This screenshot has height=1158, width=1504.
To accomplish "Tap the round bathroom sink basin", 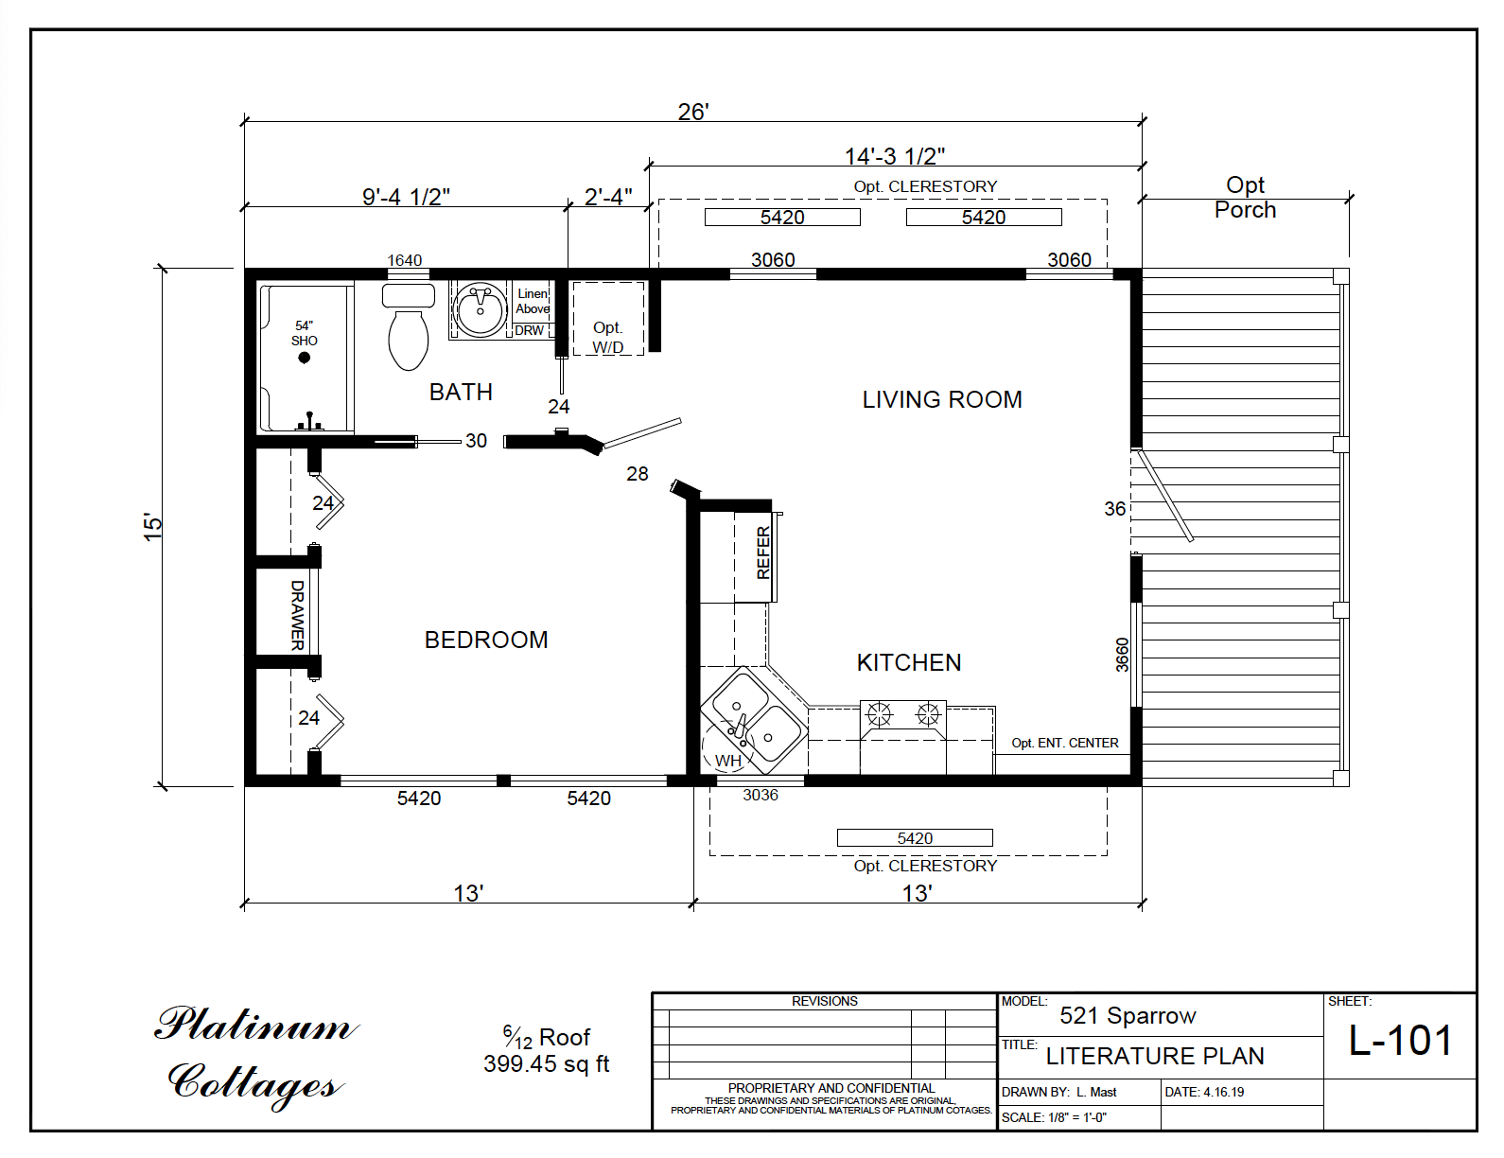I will click(x=481, y=308).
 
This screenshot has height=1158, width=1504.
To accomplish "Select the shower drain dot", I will click(x=305, y=358).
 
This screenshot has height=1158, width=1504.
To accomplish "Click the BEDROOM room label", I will click(x=486, y=640).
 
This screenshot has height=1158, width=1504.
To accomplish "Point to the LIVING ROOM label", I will click(x=942, y=400).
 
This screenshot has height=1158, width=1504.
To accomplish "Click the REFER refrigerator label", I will click(x=763, y=553).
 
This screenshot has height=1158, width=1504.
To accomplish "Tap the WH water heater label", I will click(x=727, y=761).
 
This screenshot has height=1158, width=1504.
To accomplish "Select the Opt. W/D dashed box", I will click(x=608, y=319).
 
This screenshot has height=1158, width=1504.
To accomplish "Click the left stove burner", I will click(x=880, y=713).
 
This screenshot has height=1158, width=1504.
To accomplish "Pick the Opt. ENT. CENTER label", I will click(x=1065, y=744).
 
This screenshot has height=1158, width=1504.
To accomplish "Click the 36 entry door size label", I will click(x=1115, y=509).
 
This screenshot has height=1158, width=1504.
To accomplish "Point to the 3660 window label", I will click(x=1123, y=655).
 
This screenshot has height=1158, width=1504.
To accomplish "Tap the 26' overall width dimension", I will click(x=693, y=112).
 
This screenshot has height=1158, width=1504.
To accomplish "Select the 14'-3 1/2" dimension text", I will click(x=895, y=156).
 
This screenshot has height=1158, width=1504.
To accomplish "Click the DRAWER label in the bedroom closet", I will click(x=297, y=615).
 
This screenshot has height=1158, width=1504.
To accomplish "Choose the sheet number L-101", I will click(x=1400, y=1041).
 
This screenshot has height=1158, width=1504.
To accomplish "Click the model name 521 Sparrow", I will click(x=1128, y=1016).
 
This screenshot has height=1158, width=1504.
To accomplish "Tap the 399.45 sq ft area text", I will click(x=546, y=1064).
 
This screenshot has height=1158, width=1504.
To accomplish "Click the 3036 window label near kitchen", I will click(x=761, y=796).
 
